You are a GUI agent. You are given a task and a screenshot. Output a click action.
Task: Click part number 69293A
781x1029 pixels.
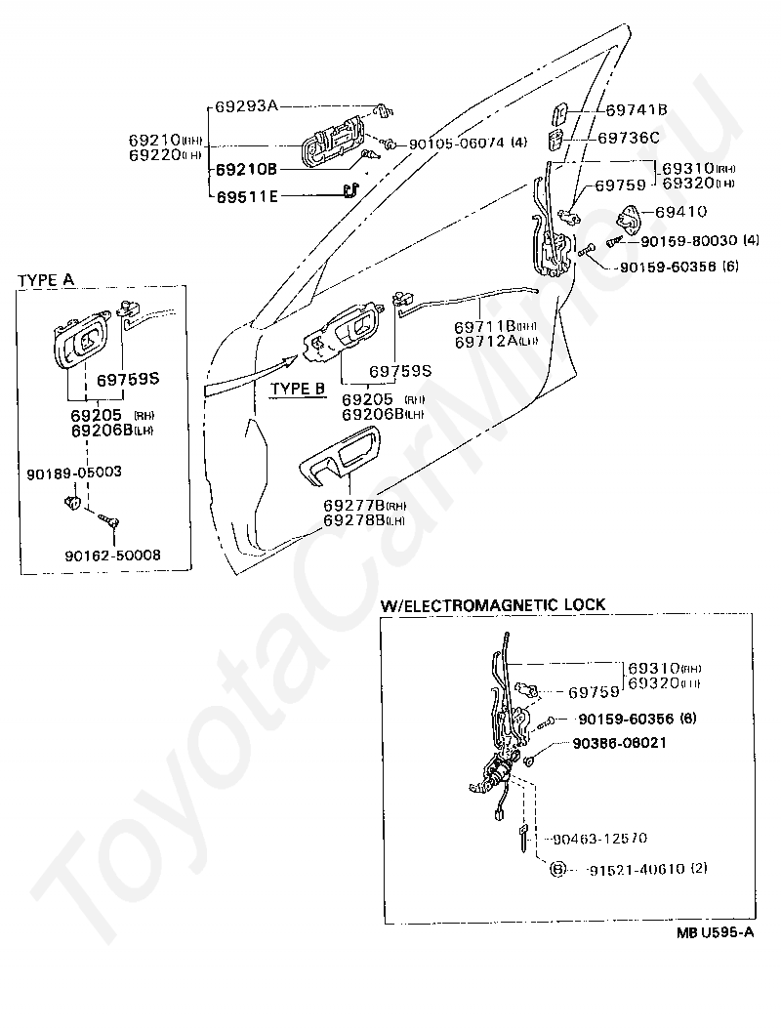click(x=247, y=104)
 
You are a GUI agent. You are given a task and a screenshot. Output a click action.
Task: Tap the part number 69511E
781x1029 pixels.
click(x=246, y=196)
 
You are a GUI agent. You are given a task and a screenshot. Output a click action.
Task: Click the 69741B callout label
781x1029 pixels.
click(x=636, y=110)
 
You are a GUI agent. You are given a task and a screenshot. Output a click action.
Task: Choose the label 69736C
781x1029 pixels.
click(x=629, y=138)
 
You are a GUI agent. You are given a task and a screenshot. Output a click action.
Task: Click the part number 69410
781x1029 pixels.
click(x=681, y=211)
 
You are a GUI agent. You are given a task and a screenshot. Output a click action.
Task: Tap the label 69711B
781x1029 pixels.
click(x=484, y=326)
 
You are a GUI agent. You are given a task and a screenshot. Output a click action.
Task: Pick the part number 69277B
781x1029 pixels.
click(x=351, y=506)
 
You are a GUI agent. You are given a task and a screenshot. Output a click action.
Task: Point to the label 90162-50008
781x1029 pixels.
click(x=113, y=555)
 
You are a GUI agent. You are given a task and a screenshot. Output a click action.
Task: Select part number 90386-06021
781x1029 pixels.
click(x=623, y=743)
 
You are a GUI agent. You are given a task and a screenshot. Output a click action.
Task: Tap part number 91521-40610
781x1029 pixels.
click(x=635, y=868)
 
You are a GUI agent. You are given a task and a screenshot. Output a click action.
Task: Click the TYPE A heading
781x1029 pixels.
click(x=46, y=279)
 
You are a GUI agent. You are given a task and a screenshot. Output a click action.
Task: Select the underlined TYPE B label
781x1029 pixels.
click(x=297, y=388)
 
